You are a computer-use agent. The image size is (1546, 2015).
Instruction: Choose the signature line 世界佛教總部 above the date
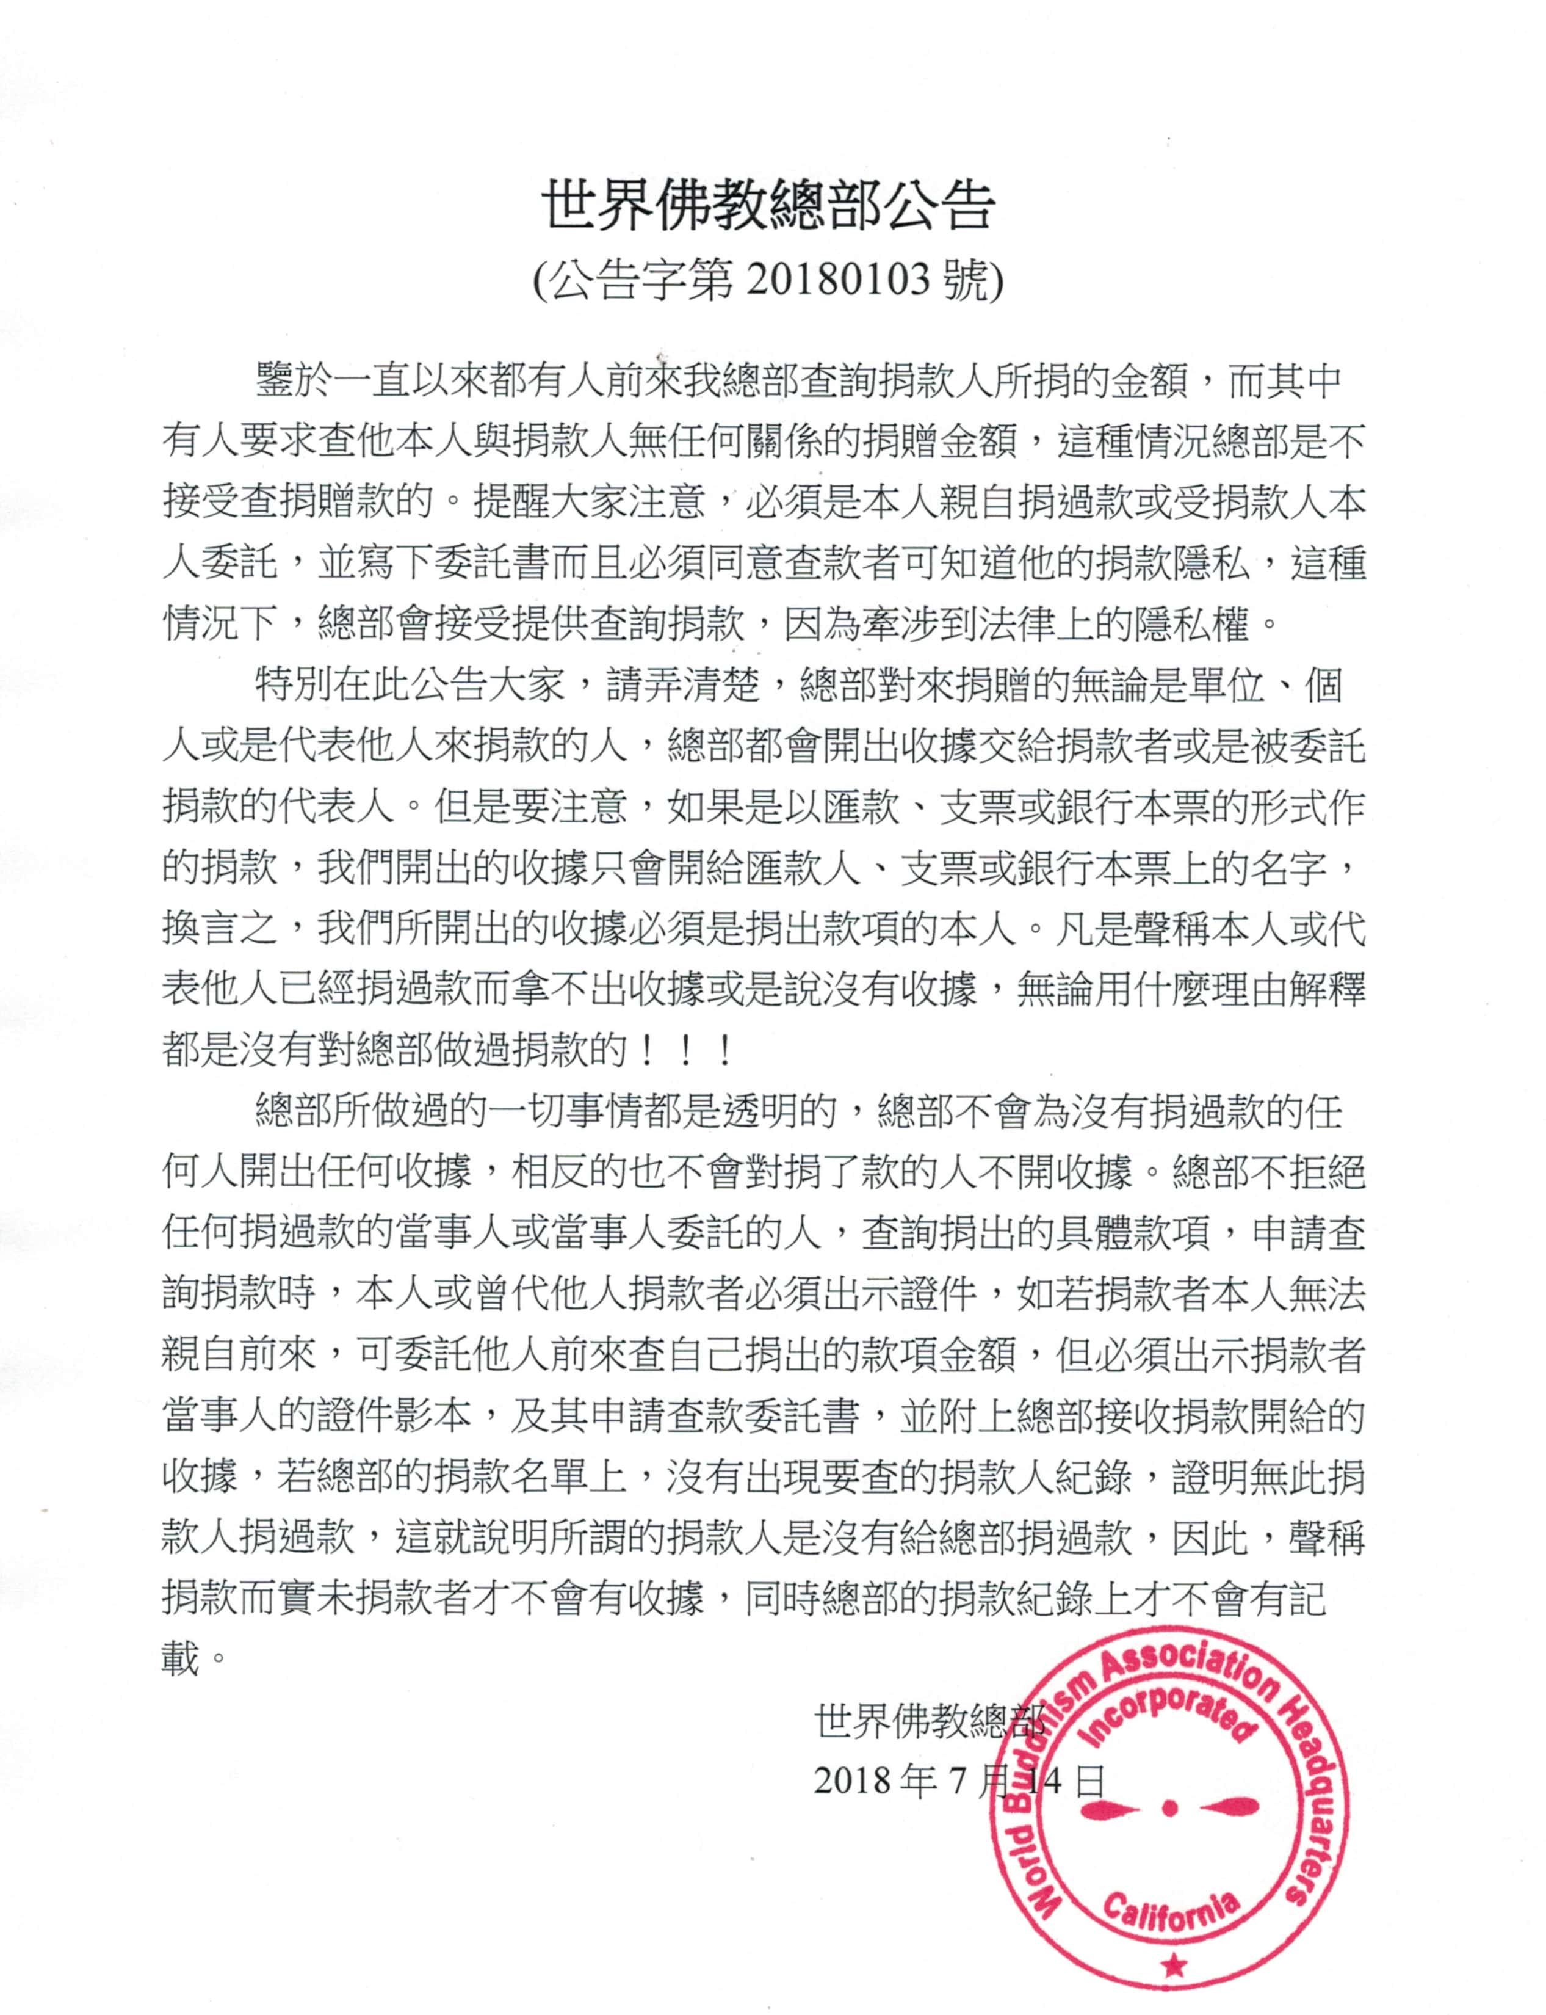click(930, 1719)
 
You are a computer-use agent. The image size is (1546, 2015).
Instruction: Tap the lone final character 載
click(181, 1661)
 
